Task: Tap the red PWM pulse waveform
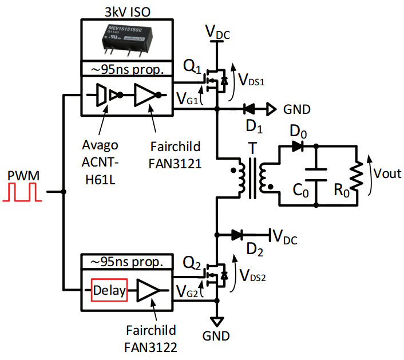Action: click(x=22, y=193)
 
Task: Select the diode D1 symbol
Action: click(x=249, y=108)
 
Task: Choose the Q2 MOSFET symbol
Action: click(x=217, y=276)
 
